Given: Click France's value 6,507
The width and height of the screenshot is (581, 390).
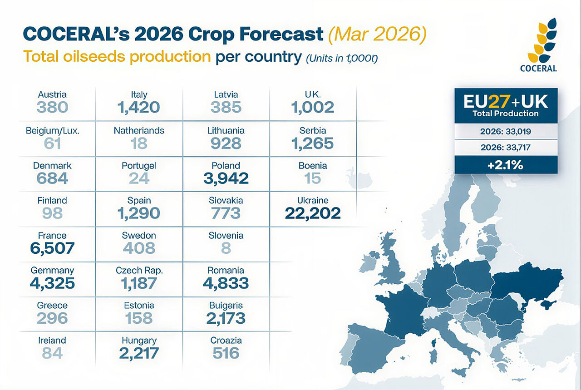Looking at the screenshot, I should pos(52,248).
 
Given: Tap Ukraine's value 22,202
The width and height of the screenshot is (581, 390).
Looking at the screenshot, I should pos(313,213).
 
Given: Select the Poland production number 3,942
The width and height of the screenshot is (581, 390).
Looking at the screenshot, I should pos(226,178).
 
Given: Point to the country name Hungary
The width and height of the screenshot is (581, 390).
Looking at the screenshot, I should pos(139,341).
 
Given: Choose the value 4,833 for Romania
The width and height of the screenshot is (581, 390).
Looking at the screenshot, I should pos(226,283).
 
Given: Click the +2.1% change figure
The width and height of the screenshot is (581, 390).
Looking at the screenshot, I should pos(506,165).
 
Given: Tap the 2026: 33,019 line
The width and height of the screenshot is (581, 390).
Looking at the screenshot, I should pos(506,132).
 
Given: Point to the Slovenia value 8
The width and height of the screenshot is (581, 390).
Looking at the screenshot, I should pos(226,248).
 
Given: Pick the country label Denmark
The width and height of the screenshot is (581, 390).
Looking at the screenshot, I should pos(52,166).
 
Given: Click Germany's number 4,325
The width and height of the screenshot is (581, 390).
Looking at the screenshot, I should pos(52,283).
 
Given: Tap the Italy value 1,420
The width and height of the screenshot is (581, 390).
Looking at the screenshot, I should pos(139,107).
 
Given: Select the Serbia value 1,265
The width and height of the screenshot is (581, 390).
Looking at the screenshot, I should pos(313,143).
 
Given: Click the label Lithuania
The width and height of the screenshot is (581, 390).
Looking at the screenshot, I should pos(226,131).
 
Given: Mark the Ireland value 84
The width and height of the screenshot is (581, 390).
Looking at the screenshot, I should pos(52,353).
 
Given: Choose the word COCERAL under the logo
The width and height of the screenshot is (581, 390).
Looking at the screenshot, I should pos(539,69).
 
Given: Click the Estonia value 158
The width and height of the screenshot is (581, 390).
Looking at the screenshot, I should pos(139,318).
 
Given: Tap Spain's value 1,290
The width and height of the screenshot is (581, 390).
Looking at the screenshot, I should pos(139,213).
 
